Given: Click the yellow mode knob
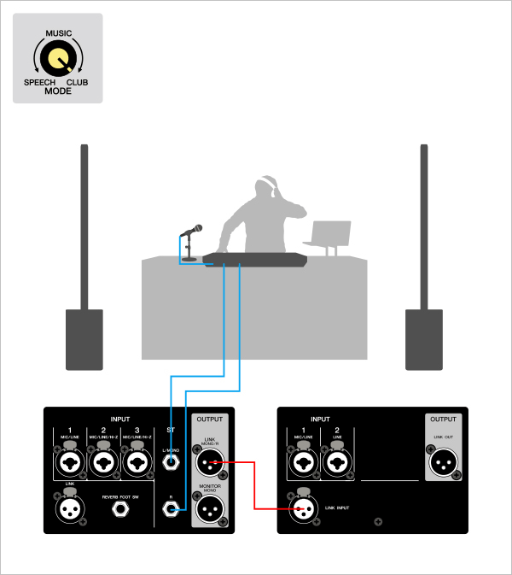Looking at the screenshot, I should [x=58, y=59].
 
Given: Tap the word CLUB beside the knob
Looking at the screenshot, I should [x=77, y=83].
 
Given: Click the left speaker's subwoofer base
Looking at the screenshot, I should [x=84, y=338].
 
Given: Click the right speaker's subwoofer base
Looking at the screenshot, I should [x=424, y=338].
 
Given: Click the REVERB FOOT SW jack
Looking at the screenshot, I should [x=119, y=511].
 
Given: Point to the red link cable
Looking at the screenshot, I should [x=256, y=487].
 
